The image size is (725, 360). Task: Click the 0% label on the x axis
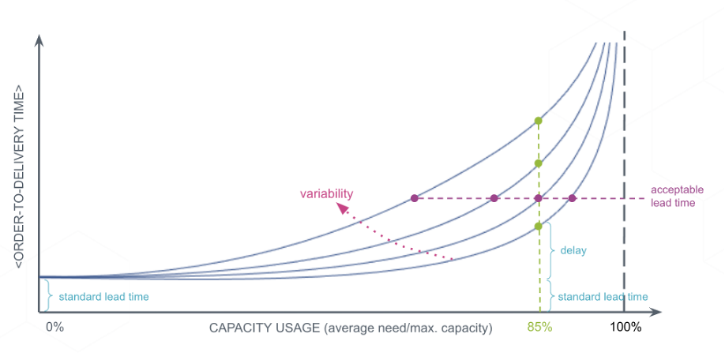54,327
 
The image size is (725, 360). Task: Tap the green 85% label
539,327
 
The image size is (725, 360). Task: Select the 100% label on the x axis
625,327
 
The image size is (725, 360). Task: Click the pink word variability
326,193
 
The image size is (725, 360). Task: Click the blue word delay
573,250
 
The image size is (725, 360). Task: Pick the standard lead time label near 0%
99,297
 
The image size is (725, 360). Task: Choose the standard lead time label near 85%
603,297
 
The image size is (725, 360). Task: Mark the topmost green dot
538,121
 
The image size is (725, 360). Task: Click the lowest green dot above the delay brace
538,227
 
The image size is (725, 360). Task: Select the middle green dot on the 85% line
538,163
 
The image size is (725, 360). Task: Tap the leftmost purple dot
414,198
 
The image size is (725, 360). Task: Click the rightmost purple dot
573,198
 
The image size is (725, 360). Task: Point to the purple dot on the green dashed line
538,198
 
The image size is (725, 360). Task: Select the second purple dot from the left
494,198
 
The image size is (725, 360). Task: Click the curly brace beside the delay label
549,250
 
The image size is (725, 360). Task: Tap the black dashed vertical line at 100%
625,158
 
